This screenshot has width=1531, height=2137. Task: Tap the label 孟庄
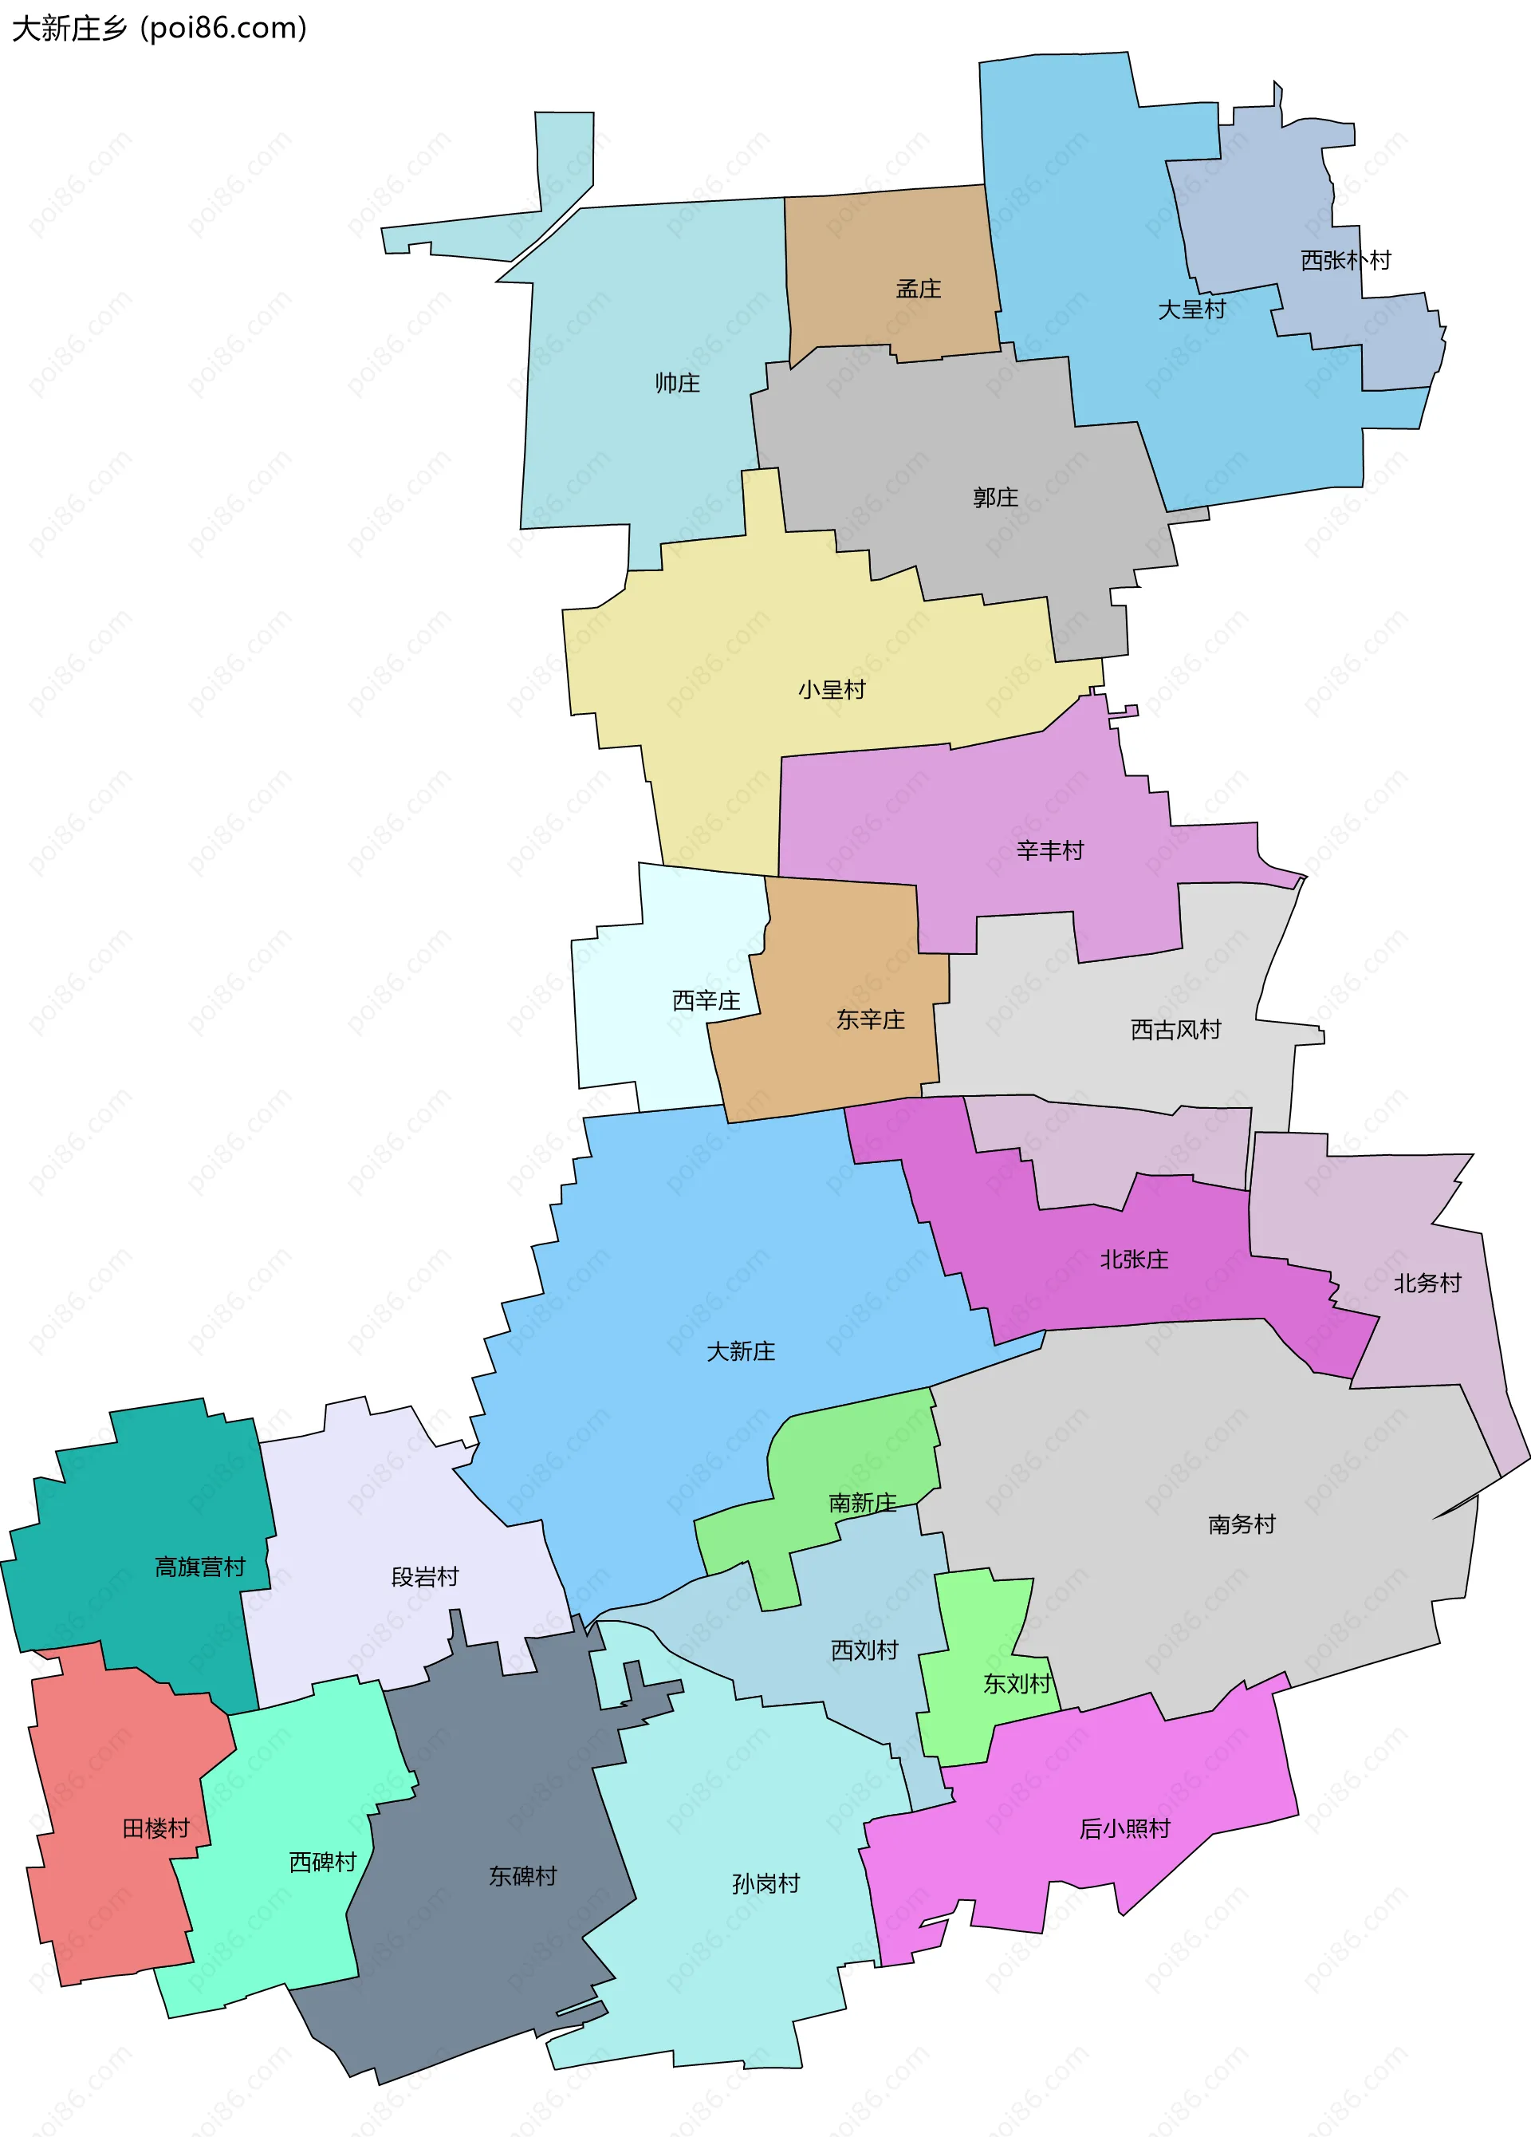coord(918,290)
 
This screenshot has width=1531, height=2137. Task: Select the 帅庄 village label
coord(678,384)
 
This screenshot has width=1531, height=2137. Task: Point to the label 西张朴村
coord(1345,260)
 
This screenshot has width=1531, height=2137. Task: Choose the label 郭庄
coord(995,498)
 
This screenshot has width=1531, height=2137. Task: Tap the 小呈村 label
coord(831,690)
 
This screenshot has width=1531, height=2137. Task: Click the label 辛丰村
coord(1049,851)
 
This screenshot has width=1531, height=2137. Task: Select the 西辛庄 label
coord(706,1000)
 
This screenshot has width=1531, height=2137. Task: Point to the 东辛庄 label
coord(871,1019)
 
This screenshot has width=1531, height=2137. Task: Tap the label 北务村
coord(1427,1283)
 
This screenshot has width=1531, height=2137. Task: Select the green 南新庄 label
coord(862,1503)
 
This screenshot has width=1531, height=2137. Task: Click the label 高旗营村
coord(199,1567)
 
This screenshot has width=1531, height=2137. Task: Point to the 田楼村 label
coord(156,1829)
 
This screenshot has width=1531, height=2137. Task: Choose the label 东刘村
coord(1017,1684)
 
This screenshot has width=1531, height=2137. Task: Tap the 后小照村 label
coord(1124,1829)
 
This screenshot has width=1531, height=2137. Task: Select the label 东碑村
coord(522,1876)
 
